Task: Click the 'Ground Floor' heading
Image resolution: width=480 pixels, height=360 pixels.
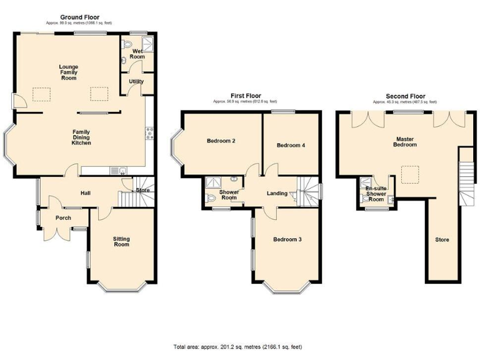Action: tap(79, 17)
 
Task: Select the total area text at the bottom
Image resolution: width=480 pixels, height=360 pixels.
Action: tap(240, 346)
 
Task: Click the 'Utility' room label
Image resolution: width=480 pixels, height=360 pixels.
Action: tap(136, 81)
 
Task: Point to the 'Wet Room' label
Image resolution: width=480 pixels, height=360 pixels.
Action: tap(137, 54)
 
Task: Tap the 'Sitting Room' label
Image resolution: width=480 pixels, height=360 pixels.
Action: tap(121, 241)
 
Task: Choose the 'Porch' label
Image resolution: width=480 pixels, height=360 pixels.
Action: tap(63, 218)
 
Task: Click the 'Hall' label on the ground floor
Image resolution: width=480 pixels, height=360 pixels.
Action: tap(86, 192)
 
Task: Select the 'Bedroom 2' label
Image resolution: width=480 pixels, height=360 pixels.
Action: tap(221, 141)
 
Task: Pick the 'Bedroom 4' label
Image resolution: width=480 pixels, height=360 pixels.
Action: tap(291, 145)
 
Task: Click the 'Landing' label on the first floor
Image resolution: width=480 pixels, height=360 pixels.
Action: tap(277, 193)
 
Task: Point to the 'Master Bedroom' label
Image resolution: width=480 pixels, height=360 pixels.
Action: tap(406, 141)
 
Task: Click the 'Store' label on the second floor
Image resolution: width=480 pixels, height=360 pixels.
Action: tap(442, 239)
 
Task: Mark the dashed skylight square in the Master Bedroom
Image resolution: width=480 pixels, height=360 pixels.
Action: tap(409, 174)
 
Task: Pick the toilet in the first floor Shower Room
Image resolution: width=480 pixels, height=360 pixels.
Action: tap(211, 199)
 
